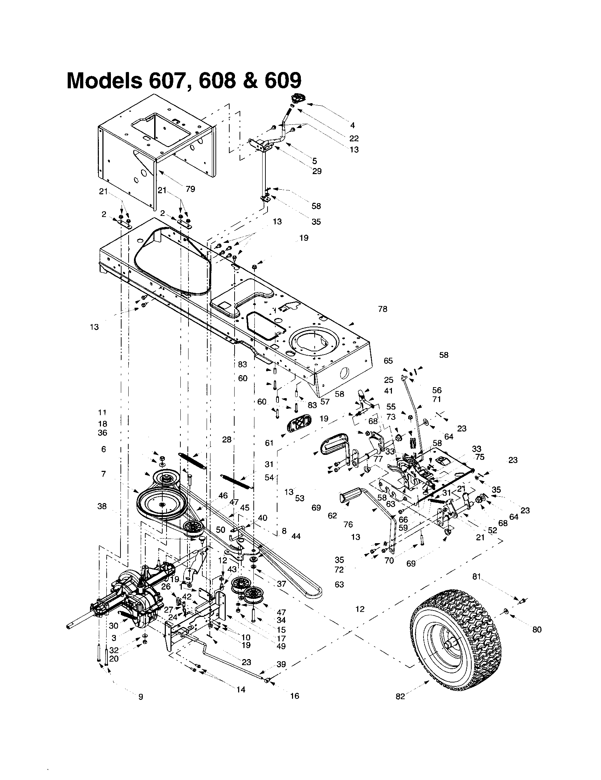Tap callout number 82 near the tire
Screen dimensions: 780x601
[x=400, y=696]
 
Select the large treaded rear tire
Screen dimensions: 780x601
[x=456, y=636]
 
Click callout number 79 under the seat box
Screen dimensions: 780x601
[x=190, y=189]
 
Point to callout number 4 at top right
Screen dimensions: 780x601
[x=352, y=125]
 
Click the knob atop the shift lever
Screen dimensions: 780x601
[x=297, y=98]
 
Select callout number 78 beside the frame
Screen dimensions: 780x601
[x=383, y=309]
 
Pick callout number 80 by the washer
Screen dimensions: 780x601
[x=537, y=630]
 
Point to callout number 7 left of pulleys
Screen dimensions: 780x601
[x=103, y=474]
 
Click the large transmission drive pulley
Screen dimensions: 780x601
[x=162, y=503]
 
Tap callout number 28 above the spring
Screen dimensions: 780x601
[x=227, y=439]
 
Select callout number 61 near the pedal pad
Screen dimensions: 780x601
[x=269, y=443]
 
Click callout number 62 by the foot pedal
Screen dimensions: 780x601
[x=332, y=516]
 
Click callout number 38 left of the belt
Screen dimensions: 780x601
[x=102, y=506]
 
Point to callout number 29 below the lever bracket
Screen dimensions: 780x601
[x=316, y=171]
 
